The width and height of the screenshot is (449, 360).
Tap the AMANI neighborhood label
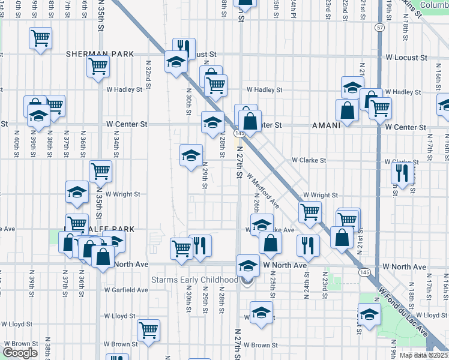(327, 127)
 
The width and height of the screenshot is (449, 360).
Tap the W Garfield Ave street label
(126, 290)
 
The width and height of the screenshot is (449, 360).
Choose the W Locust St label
(406, 58)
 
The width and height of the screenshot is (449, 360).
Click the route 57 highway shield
(380, 28)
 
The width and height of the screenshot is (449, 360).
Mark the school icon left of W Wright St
(77, 192)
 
